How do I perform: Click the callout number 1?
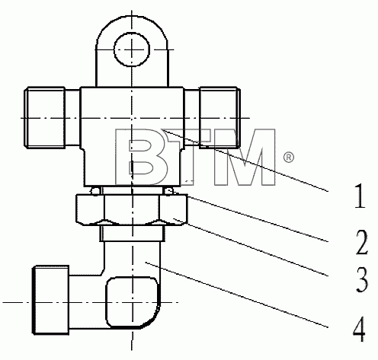coord(360,196)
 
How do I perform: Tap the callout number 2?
coord(361,242)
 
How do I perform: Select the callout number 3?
coord(362,280)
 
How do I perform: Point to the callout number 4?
coord(359,329)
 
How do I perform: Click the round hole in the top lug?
coord(132,49)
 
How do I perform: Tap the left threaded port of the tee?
coord(45,117)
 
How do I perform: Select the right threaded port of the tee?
coord(219,117)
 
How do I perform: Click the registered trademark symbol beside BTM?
coord(289,158)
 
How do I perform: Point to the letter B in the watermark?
coord(142,157)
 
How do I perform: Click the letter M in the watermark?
coord(245,157)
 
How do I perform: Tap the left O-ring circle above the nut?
coord(94,191)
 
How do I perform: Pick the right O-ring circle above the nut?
coord(168,191)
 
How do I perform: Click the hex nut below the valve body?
coord(132,209)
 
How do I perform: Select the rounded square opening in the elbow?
coord(132,302)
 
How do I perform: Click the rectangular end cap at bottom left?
coord(51,300)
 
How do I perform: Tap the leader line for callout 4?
coord(236,295)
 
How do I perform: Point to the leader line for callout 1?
coord(245,160)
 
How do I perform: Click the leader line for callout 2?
coord(258,218)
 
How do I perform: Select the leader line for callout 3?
coord(251,247)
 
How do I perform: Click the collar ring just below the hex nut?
coord(132,234)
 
